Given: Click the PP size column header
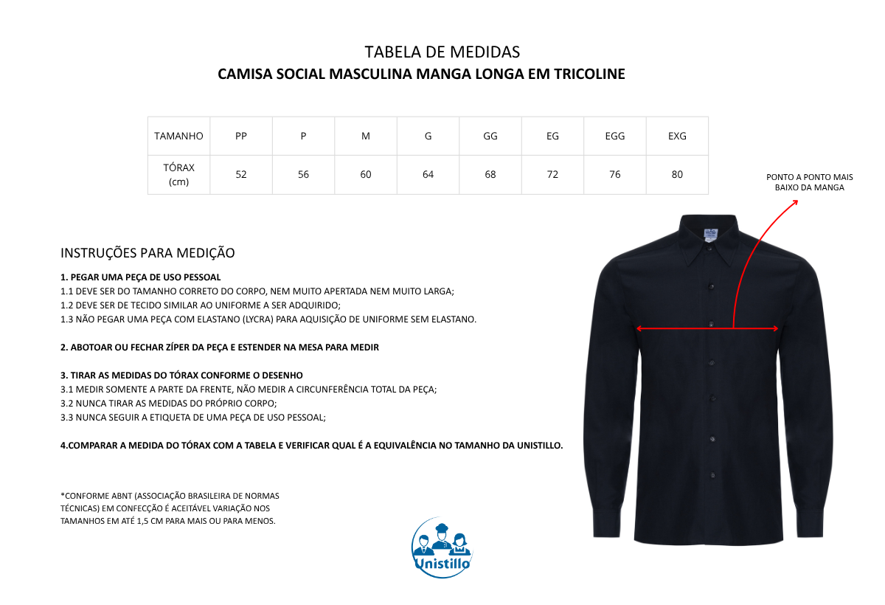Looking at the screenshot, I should click(x=241, y=136).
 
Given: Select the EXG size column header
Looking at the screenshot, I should click(x=677, y=136).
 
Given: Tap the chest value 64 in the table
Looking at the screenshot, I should click(x=428, y=175).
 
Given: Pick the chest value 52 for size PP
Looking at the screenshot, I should click(x=241, y=175).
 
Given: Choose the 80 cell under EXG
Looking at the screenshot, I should click(x=677, y=175).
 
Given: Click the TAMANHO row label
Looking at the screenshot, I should click(x=178, y=136).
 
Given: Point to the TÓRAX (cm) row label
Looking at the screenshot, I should click(x=178, y=175).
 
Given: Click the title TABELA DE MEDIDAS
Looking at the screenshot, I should click(x=442, y=52).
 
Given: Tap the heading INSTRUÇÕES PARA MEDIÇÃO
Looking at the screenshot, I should click(x=147, y=253).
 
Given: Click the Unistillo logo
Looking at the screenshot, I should click(x=442, y=547).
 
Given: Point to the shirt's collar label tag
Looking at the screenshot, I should click(x=711, y=233).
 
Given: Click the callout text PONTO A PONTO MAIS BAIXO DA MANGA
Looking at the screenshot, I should click(x=809, y=182).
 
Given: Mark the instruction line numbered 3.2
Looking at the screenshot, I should click(x=169, y=404).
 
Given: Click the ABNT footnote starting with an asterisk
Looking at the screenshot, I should click(x=170, y=508).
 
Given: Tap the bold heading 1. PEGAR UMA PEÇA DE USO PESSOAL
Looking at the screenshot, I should click(x=141, y=277).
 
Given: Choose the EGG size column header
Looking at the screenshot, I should click(x=615, y=136).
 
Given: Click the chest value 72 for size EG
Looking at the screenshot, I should click(x=552, y=175).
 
